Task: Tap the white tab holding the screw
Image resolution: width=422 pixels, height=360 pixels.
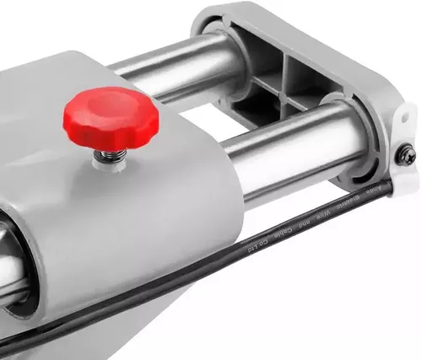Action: (x=403, y=143)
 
